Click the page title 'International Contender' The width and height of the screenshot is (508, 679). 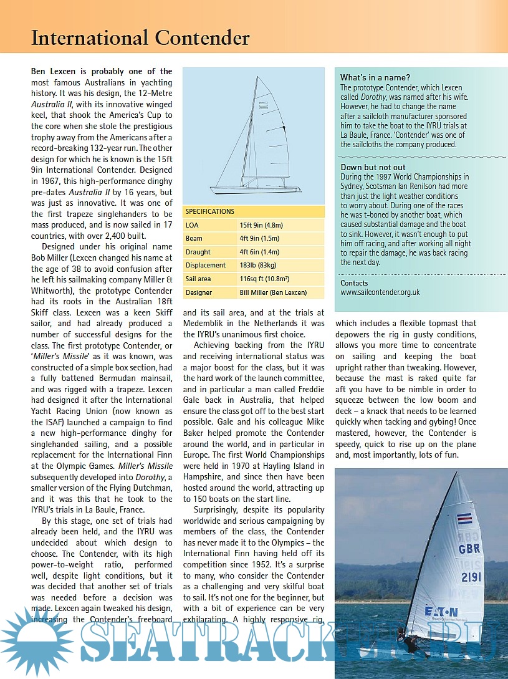pos(140,38)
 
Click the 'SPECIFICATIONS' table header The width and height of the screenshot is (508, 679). pos(210,211)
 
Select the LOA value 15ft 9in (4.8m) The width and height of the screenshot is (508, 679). pos(262,225)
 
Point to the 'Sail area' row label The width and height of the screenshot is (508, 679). pos(199,279)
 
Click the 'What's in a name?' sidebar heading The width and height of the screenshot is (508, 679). pos(375,77)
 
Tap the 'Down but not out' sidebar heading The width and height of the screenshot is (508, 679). pos(373,167)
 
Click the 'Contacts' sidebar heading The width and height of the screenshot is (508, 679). pos(354,283)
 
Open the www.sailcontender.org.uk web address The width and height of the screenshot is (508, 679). pos(380,292)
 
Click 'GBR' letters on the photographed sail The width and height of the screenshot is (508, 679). pos(469,549)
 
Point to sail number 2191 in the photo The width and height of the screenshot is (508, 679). pos(471,577)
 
